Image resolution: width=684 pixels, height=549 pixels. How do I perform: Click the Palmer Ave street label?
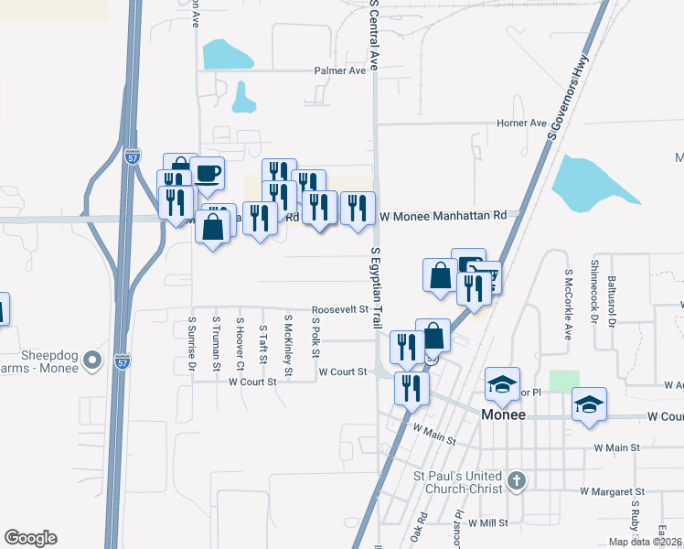[339, 70]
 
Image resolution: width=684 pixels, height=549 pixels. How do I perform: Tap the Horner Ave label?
[520, 123]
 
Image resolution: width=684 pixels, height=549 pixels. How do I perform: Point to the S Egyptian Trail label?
[376, 287]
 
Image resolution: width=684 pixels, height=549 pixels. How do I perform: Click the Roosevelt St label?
[339, 309]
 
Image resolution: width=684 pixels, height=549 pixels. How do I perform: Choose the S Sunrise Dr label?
[192, 345]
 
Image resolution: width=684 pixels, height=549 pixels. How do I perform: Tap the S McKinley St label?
[287, 346]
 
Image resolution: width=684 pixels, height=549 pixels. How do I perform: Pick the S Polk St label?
[316, 339]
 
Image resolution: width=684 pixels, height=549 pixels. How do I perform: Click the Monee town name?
[503, 414]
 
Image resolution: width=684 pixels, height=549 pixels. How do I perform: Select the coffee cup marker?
[208, 172]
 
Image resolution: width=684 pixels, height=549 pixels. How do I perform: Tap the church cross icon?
[516, 480]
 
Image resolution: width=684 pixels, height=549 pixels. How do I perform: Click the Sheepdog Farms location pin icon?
[91, 361]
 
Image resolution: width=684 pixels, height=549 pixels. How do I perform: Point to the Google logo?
[30, 538]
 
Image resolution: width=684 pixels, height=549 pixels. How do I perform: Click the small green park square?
[564, 381]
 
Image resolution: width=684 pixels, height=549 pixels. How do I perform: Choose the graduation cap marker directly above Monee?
[502, 385]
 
